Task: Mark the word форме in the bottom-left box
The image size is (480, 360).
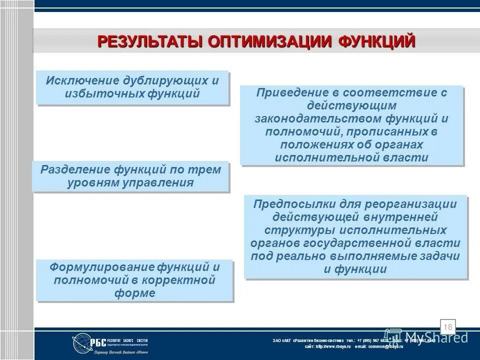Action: (x=134, y=293)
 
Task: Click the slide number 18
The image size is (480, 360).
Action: (x=447, y=327)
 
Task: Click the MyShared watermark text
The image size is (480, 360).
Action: (x=436, y=337)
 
